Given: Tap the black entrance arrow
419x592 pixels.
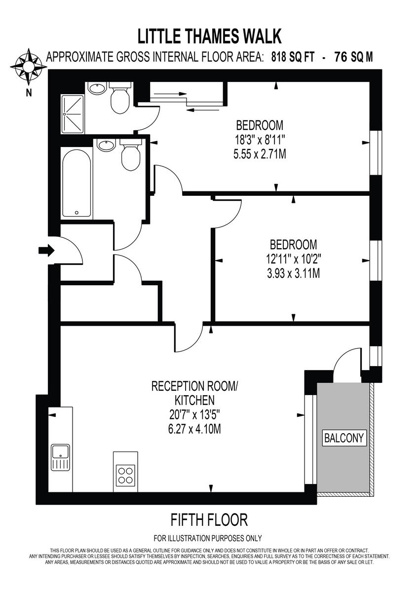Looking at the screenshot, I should pos(46,251).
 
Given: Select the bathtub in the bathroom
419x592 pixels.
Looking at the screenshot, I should pos(77,184).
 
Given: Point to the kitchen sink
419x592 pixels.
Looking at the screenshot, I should pos(60,457).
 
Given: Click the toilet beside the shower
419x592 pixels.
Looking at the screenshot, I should pos(119,99).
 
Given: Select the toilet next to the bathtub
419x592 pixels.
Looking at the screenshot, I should pos(131,155).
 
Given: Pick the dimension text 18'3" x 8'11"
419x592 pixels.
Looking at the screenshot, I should pos(260,139).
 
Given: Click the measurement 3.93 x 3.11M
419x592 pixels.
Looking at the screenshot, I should pos(294,272).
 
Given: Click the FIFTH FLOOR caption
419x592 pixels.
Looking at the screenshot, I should pos(209,519).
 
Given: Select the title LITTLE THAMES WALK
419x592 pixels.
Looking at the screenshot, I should pos(209,36).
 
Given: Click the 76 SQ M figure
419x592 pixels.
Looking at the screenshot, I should pos(353,57).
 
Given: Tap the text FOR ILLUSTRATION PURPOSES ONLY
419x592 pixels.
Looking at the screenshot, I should pos(208,538).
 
